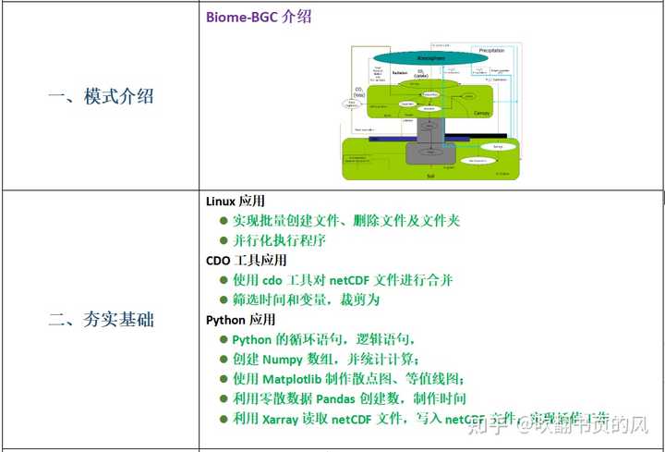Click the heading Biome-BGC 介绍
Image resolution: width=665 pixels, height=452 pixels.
point(258,18)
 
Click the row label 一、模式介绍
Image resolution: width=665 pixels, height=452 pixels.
point(101,96)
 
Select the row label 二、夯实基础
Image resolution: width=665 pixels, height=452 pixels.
point(101,320)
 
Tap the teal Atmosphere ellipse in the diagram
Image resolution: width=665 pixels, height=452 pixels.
point(430,58)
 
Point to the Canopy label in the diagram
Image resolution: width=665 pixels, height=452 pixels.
point(481,113)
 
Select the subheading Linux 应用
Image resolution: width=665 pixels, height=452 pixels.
point(236,202)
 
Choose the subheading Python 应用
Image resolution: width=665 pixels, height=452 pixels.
point(240,320)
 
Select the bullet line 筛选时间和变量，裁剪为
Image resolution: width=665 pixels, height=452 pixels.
point(306,299)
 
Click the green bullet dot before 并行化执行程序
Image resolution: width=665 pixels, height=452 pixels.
point(223,240)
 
